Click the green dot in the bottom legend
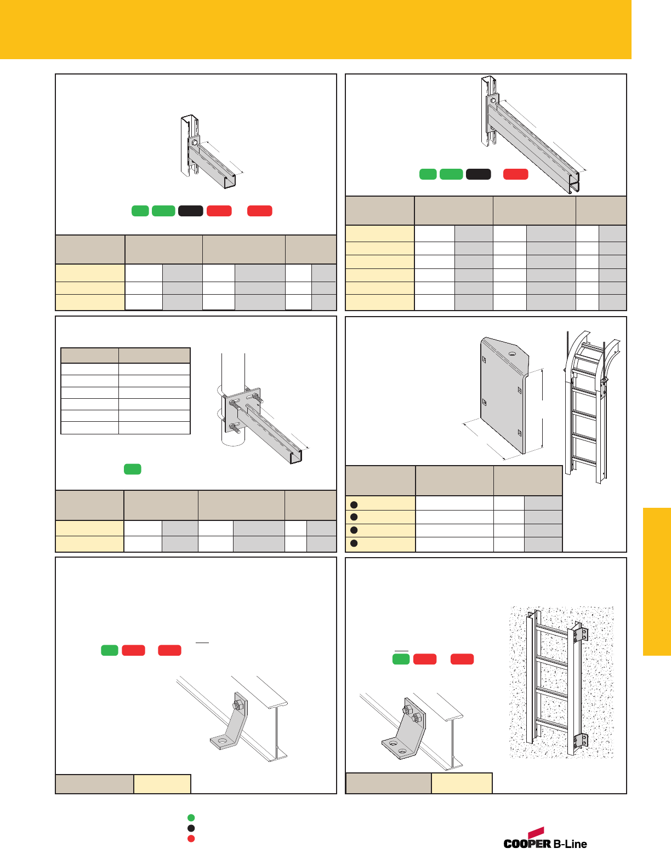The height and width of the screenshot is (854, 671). tap(191, 818)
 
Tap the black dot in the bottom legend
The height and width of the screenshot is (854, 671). tap(191, 828)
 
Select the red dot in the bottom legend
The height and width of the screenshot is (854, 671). tap(191, 839)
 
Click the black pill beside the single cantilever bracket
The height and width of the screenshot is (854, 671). tap(191, 211)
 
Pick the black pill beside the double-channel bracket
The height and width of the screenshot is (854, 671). tap(478, 174)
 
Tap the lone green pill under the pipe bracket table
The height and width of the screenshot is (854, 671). tap(133, 469)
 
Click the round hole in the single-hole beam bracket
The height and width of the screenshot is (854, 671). tap(222, 741)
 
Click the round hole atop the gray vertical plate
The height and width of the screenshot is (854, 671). tap(512, 354)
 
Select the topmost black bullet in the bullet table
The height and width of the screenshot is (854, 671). tap(354, 505)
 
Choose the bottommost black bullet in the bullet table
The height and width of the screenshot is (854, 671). tap(354, 543)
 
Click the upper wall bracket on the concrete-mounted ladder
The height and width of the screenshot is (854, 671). tap(580, 635)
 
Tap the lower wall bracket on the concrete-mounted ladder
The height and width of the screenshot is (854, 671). tap(580, 741)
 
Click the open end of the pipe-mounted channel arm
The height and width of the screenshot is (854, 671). tap(296, 457)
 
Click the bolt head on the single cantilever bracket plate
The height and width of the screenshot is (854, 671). tap(194, 142)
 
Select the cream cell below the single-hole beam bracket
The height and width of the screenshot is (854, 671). tap(162, 784)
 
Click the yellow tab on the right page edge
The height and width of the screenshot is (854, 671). tap(657, 582)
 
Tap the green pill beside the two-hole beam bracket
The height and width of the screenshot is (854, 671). tap(401, 659)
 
